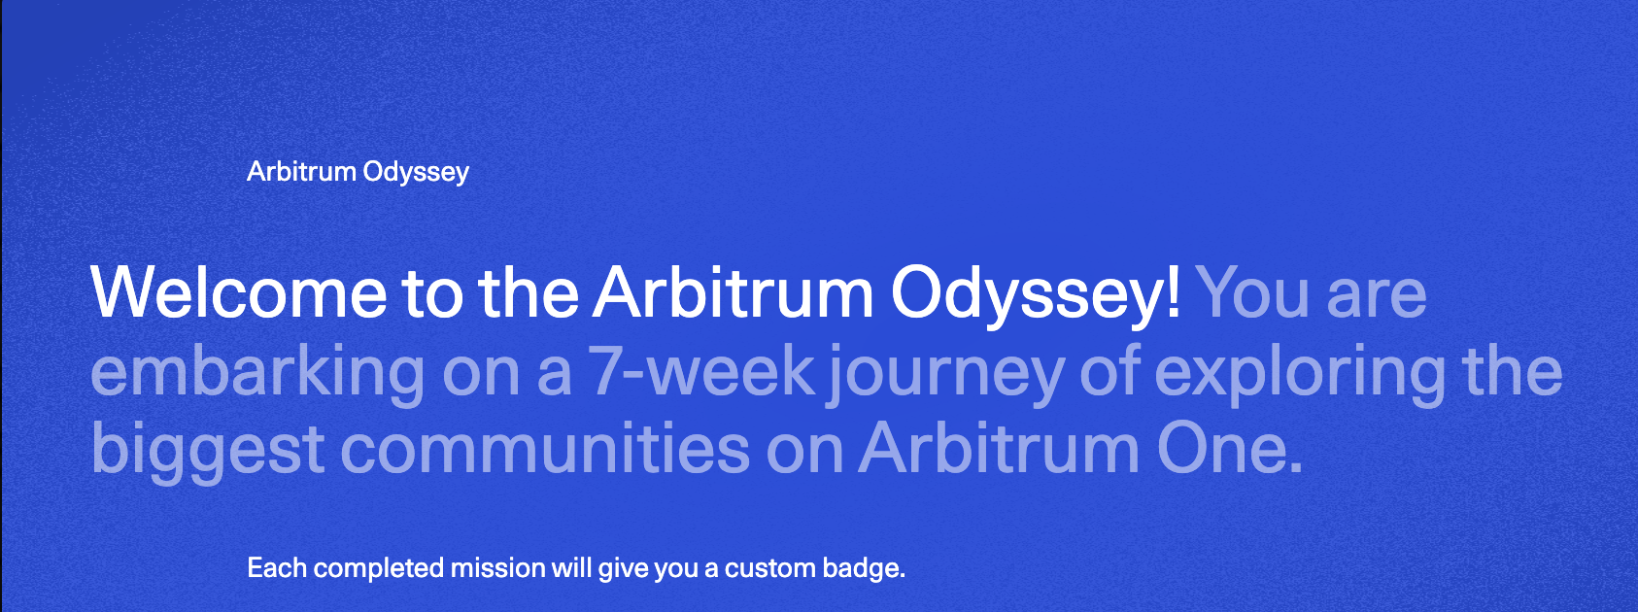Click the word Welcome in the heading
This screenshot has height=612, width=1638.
click(x=238, y=292)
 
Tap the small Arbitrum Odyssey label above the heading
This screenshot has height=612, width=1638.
click(x=358, y=173)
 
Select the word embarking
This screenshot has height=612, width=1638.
click(x=257, y=370)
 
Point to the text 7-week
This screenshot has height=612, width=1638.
click(x=701, y=370)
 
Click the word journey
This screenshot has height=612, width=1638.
click(x=945, y=373)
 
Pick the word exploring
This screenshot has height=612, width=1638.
click(x=1300, y=373)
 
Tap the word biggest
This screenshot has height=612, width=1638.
click(x=207, y=451)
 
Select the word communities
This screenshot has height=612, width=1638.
click(x=545, y=448)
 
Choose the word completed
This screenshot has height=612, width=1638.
click(x=379, y=569)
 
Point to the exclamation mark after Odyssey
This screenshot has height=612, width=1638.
click(x=1174, y=292)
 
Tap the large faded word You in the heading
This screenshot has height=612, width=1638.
click(x=1252, y=292)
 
